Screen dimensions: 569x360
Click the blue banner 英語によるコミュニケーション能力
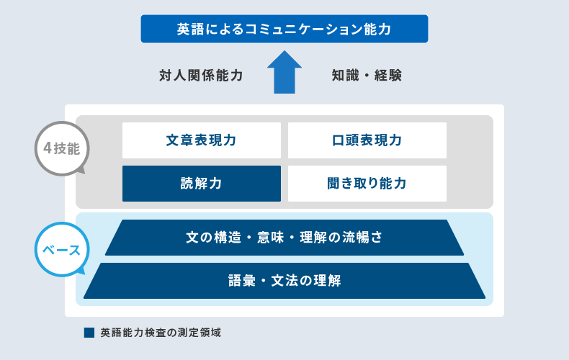tap(284, 29)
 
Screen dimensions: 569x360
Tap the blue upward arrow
tap(284, 72)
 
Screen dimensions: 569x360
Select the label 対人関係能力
tap(201, 76)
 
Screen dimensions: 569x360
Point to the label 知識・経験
tap(367, 76)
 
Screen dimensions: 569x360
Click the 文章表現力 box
tap(202, 140)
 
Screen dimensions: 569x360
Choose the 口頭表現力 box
tap(367, 140)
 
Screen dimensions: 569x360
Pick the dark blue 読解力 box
tap(202, 184)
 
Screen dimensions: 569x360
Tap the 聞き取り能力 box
tap(367, 184)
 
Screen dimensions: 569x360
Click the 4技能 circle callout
tap(62, 148)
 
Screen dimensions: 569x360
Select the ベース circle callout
tap(62, 250)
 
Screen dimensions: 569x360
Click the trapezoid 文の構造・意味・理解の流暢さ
tap(284, 238)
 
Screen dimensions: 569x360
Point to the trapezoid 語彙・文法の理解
tap(284, 281)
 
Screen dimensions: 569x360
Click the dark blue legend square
tap(89, 333)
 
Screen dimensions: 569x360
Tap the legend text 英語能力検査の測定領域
tap(161, 333)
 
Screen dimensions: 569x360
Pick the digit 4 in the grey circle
tap(48, 148)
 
